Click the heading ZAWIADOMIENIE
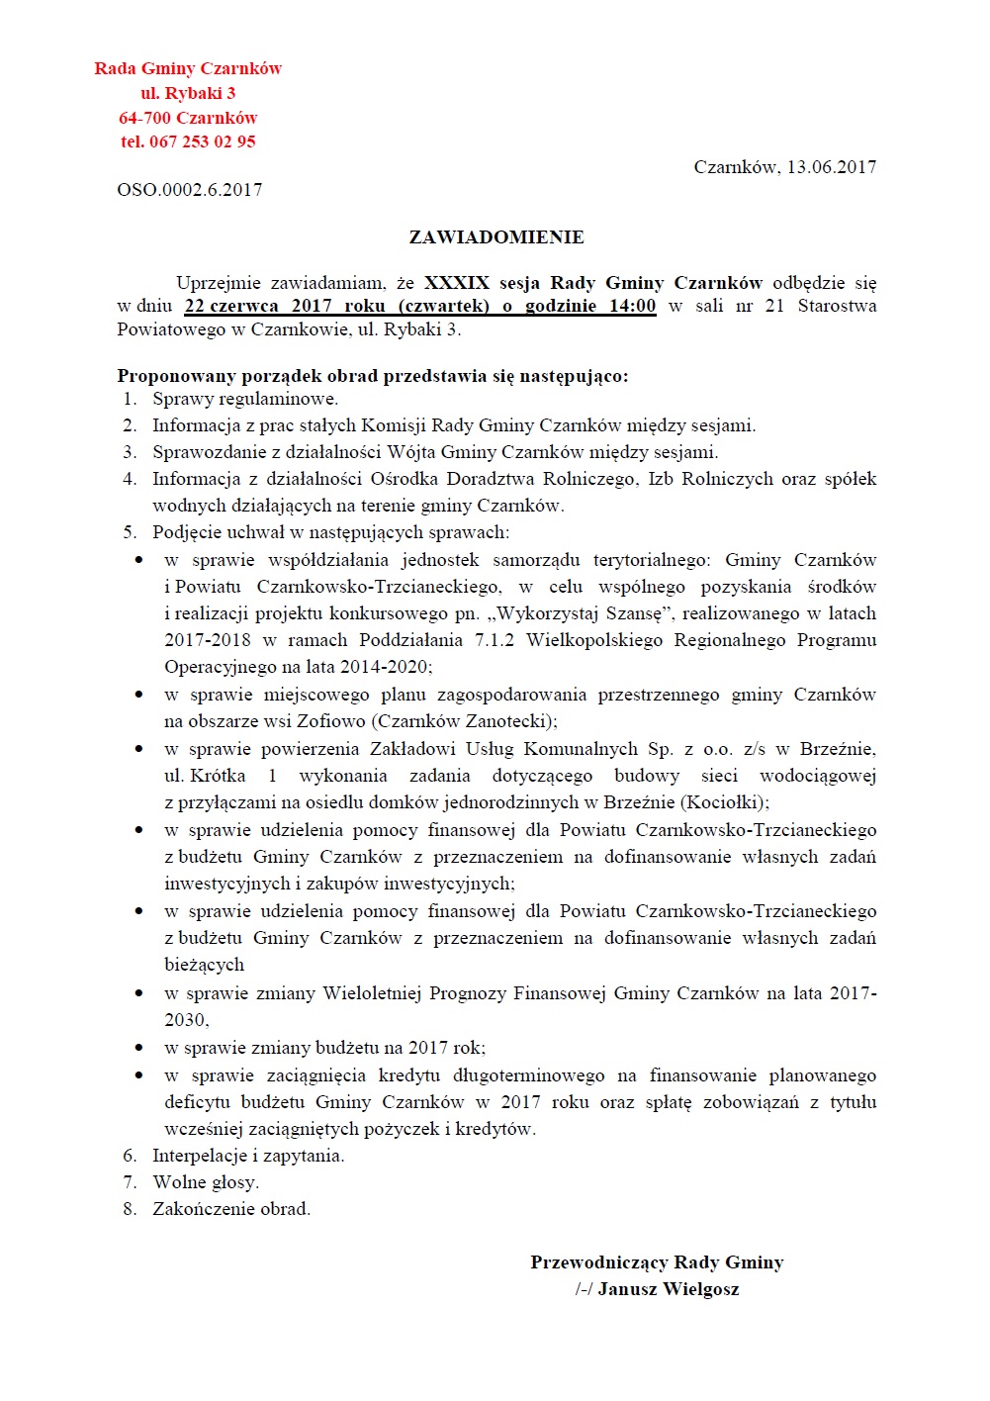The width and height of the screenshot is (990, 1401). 496,237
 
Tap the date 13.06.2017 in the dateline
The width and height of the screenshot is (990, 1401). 831,167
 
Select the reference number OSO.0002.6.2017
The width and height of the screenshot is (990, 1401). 190,190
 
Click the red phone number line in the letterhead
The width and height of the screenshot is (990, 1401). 188,141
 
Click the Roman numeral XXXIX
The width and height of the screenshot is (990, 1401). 457,283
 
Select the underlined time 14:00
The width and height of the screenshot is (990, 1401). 632,306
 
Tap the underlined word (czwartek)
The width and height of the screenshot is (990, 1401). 443,306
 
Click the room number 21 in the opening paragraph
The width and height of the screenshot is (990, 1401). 774,306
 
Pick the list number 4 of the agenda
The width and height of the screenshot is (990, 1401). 130,479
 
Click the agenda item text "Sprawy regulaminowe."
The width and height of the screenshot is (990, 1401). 245,399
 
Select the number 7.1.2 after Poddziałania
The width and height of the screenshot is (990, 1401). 495,640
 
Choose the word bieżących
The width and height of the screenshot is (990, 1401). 204,965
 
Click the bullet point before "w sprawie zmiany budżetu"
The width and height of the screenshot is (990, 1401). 139,1047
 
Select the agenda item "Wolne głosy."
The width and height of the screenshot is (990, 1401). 206,1182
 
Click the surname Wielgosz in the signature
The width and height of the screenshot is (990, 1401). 701,1289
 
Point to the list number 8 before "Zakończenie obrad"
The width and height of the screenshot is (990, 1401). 130,1209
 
